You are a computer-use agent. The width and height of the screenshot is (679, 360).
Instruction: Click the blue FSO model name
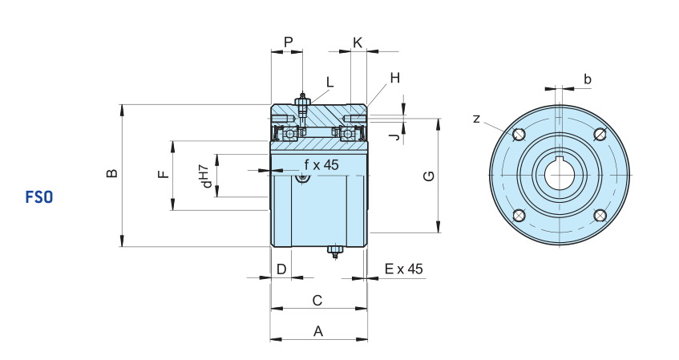tap(39, 197)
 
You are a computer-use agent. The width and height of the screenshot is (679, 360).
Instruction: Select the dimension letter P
tap(289, 42)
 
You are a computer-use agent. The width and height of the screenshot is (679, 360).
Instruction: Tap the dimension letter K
tap(358, 42)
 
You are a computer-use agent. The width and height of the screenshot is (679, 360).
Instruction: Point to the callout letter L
tap(330, 83)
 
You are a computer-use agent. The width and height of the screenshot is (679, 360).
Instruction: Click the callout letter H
tap(395, 78)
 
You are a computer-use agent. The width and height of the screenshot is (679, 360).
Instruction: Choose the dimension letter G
tap(429, 176)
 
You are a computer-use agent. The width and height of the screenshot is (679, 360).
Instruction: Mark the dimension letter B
tap(111, 173)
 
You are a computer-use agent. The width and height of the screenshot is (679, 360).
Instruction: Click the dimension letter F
tap(164, 174)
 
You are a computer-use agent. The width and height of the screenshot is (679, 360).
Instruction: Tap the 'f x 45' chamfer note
tap(321, 164)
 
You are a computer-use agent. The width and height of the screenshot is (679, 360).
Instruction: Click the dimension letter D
tap(281, 269)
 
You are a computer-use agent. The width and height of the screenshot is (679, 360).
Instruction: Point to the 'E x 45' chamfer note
tap(403, 269)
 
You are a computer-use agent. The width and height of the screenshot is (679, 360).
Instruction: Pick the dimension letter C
tap(317, 300)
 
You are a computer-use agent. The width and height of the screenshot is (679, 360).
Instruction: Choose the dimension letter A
tap(318, 331)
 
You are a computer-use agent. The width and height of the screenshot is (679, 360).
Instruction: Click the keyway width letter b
tap(587, 79)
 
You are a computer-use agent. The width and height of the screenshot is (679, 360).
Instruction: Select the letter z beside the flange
tap(477, 119)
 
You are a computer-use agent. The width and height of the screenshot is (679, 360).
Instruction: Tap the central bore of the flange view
tap(560, 175)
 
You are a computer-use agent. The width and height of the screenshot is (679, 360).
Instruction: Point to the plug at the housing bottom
tap(334, 252)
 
